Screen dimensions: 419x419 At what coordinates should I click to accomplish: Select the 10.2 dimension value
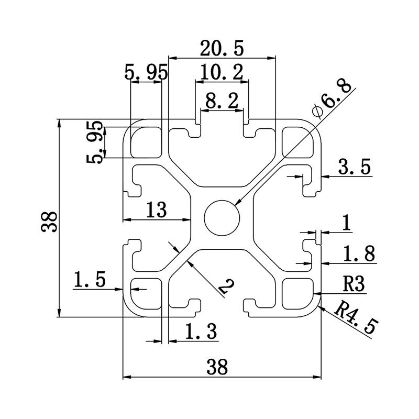[222, 73]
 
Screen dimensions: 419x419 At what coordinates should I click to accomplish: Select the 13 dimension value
[156, 210]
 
